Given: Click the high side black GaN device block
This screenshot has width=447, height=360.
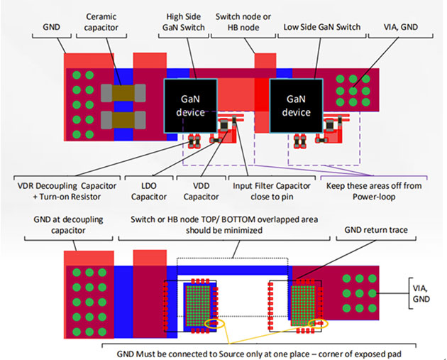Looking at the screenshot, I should point(190,105).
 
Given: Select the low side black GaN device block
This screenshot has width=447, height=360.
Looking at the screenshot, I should point(297,105).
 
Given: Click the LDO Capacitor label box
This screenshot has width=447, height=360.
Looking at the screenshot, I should point(149,190).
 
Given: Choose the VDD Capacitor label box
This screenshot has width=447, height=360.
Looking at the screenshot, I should point(198,190).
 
